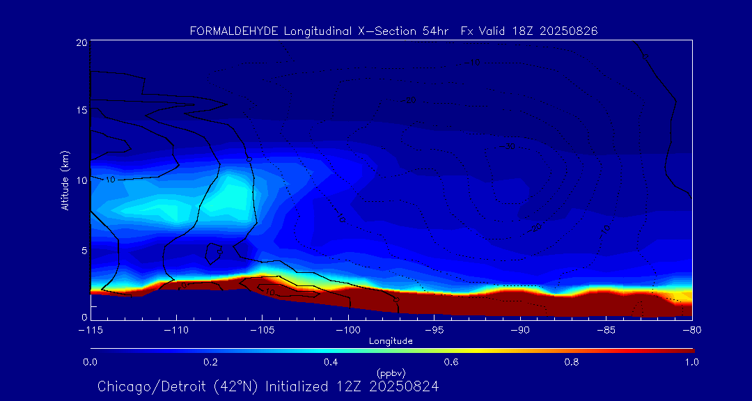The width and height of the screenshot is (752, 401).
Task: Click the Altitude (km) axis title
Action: coord(65,180)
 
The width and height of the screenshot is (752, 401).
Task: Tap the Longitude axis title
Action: coord(391,341)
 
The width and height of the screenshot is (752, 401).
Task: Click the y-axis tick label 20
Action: coord(81,43)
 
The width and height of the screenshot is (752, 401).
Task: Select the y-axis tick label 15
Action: coord(81,111)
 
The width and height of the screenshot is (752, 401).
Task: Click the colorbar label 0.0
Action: coord(91,362)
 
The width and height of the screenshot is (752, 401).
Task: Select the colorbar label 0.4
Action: coord(331,362)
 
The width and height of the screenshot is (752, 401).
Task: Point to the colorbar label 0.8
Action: coord(572,362)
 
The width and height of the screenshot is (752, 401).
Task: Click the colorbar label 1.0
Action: coord(691,362)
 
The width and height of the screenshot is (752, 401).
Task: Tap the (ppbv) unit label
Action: coord(391,372)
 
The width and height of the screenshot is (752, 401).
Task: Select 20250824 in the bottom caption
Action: coord(404,386)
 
